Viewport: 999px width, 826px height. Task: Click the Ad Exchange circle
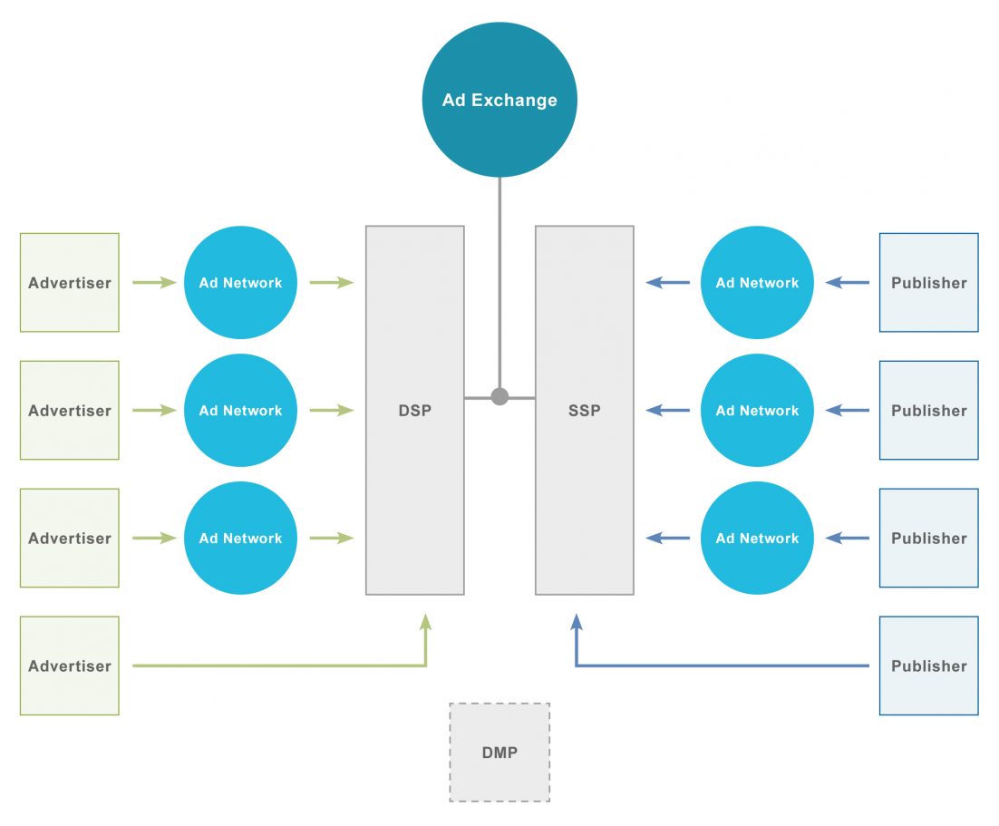pos(499,100)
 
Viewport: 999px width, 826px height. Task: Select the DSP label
pos(414,411)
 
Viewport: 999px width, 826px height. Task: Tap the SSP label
pos(584,411)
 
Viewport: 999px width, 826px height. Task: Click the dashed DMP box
pos(499,753)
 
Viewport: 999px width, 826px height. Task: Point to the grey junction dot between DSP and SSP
pos(499,396)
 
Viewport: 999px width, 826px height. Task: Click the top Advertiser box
pos(70,283)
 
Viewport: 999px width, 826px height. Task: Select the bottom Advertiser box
pos(70,666)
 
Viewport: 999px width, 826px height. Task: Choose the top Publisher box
pos(928,283)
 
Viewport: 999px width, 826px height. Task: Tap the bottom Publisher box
pos(928,666)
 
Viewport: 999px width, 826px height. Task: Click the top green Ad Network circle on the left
pos(240,283)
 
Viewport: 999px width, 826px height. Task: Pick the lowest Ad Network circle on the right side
pos(757,538)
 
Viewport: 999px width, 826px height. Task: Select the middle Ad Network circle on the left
pos(240,411)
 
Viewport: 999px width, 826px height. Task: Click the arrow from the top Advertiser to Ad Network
pos(154,283)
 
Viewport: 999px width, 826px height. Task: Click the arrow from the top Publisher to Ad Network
pos(848,283)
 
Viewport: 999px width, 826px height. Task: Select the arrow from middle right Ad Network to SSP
pos(668,411)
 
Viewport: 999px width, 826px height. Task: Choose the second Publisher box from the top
pos(928,411)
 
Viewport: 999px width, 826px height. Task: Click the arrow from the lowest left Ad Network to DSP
pos(331,538)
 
